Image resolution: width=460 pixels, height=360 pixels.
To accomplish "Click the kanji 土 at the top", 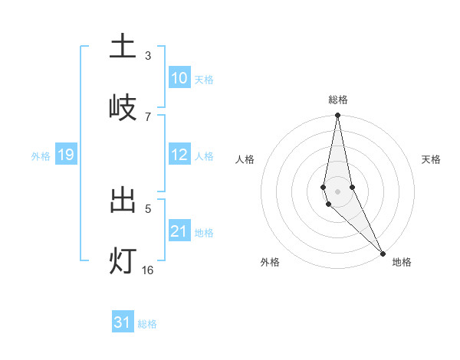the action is (x=123, y=47).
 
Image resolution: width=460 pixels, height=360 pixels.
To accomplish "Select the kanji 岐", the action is (x=123, y=107).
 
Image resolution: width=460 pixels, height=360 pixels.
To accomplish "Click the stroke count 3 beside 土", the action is (x=147, y=56).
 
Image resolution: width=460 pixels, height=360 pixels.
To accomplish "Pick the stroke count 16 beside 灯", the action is (x=147, y=270).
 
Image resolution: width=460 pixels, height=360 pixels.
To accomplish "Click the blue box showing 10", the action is (x=179, y=78).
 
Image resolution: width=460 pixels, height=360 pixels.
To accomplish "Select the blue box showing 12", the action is (x=179, y=155).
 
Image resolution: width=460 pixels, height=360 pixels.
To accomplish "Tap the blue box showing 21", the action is (x=179, y=231).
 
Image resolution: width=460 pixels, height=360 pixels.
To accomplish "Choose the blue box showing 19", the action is (x=65, y=155).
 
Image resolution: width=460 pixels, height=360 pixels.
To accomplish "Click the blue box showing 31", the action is (x=123, y=322).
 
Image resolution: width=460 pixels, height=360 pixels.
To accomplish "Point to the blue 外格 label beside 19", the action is (x=41, y=156).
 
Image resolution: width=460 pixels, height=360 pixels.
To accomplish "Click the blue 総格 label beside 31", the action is (x=147, y=324).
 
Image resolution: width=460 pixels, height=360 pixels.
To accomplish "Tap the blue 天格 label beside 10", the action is (x=204, y=80).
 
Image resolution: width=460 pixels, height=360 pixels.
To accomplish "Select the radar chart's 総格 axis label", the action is (x=338, y=100).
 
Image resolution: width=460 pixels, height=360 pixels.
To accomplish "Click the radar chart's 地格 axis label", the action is (x=402, y=262).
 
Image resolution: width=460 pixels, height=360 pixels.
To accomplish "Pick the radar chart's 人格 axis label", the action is (x=245, y=159).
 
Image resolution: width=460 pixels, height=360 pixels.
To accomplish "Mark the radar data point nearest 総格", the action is (x=337, y=116).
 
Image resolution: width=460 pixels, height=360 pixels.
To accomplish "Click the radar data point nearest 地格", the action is (x=383, y=252).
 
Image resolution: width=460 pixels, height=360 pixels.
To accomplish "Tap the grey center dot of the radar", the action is (x=337, y=191).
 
